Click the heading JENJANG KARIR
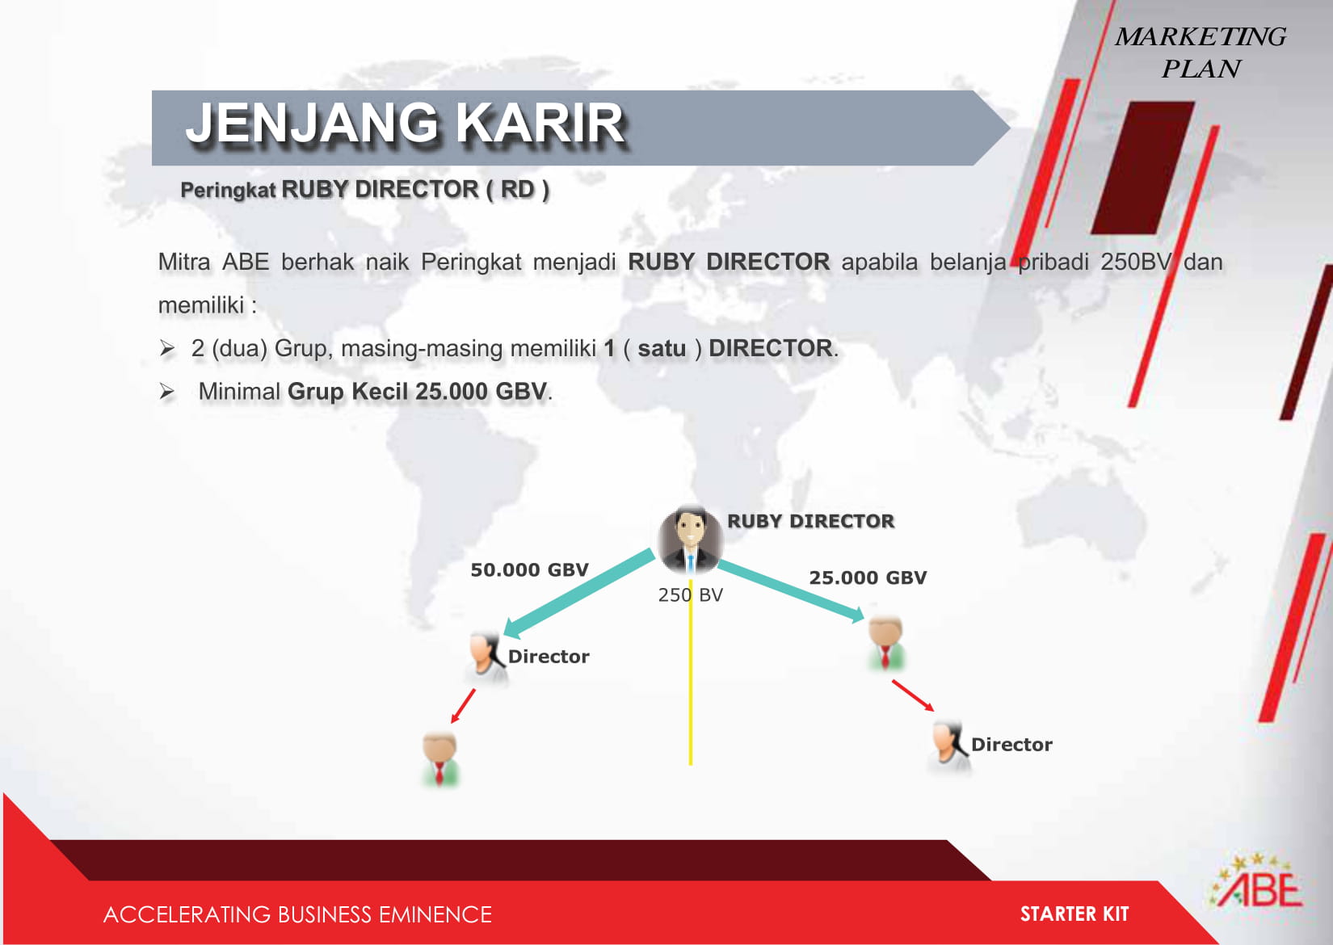tap(406, 124)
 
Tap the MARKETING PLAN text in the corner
tap(1201, 52)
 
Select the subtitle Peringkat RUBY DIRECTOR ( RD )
tap(364, 190)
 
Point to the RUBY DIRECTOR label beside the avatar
tap(810, 521)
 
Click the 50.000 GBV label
tap(530, 569)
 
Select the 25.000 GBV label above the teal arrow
tap(868, 577)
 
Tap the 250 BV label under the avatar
tap(690, 594)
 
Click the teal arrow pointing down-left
tap(578, 593)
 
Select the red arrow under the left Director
tap(462, 707)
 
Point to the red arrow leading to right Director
tap(913, 695)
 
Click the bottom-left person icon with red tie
tap(440, 759)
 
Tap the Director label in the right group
tap(1011, 745)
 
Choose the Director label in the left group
tap(549, 657)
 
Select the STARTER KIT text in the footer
tap(1074, 914)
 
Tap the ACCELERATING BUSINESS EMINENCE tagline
tap(297, 914)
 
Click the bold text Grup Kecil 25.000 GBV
tap(417, 392)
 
